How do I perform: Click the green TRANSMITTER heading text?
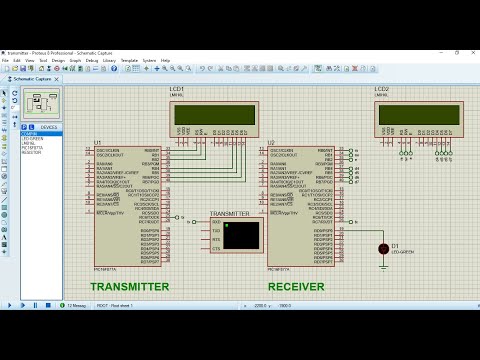[130, 286]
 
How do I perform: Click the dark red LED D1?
[383, 248]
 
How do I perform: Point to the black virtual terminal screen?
[241, 235]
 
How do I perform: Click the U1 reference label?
[98, 141]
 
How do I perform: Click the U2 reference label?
[271, 142]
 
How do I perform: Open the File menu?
[5, 60]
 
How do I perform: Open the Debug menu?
[92, 60]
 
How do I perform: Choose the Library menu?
[109, 60]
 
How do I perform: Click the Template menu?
[129, 60]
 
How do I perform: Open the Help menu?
[166, 60]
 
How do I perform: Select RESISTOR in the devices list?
[31, 152]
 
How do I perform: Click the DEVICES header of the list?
[48, 127]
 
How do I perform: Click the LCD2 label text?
[382, 89]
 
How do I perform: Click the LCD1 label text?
[177, 89]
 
